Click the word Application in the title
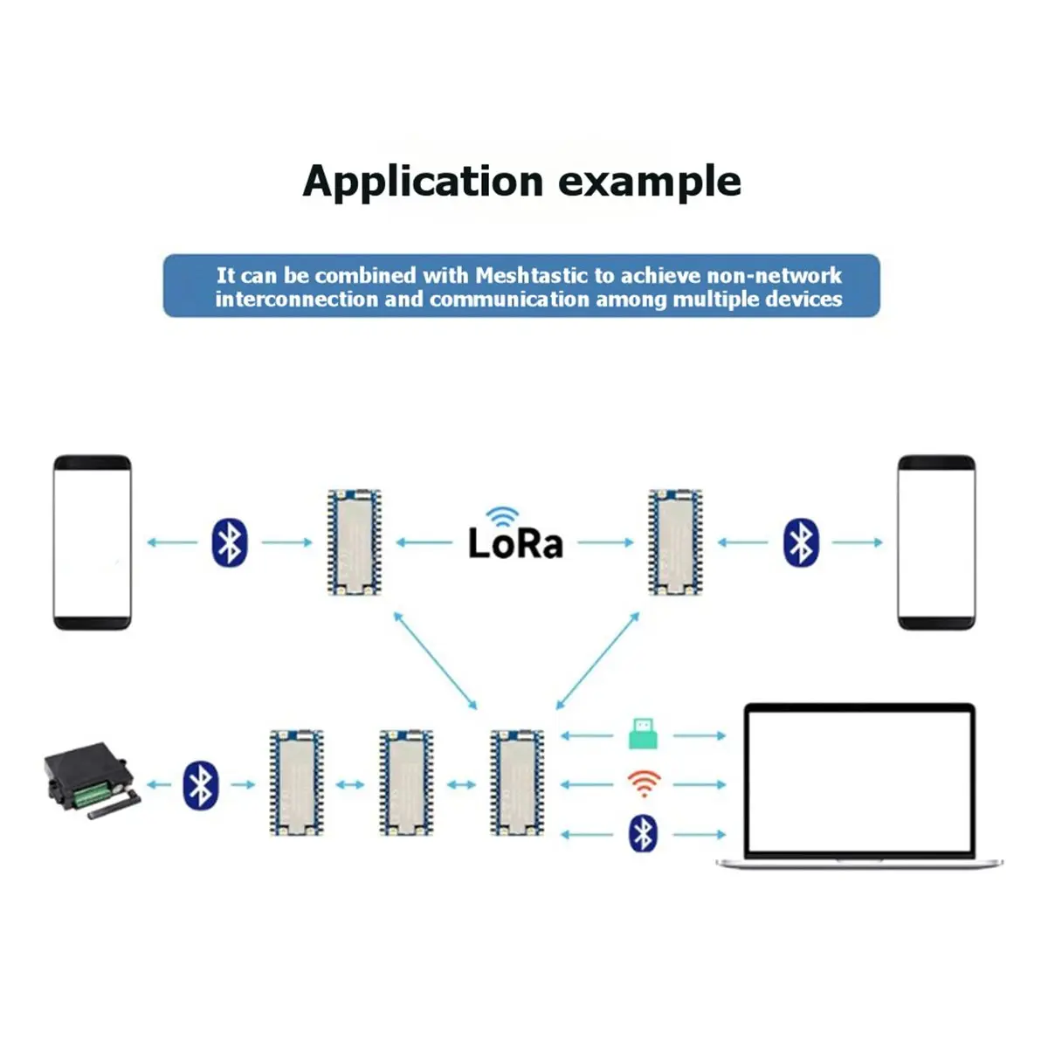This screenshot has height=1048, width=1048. click(423, 182)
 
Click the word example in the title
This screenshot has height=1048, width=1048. click(650, 182)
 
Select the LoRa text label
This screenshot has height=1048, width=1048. click(515, 543)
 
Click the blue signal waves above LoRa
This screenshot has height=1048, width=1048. click(502, 516)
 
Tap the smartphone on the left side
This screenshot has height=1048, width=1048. click(93, 542)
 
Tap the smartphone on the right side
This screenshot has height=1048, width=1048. click(936, 542)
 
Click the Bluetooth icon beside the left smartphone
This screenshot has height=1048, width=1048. click(230, 542)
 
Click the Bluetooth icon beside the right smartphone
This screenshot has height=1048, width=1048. click(801, 542)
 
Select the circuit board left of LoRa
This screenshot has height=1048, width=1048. click(354, 542)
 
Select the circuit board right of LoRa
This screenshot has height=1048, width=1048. click(675, 542)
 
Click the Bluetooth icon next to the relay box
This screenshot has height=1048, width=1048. click(201, 784)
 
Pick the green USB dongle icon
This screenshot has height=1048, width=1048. click(643, 734)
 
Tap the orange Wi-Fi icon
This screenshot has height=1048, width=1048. click(644, 783)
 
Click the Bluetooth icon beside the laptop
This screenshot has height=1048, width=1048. click(643, 834)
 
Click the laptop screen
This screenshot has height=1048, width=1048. click(859, 781)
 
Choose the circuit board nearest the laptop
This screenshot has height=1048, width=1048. click(517, 783)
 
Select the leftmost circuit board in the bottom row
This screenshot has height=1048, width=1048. click(296, 783)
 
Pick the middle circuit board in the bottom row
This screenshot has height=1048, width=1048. click(406, 783)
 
